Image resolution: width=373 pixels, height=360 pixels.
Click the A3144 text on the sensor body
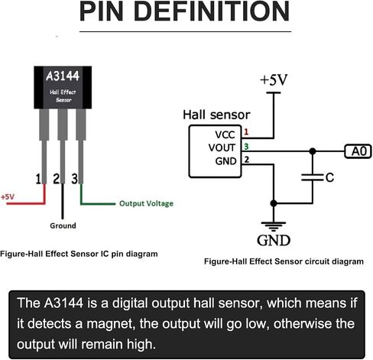[x=63, y=76]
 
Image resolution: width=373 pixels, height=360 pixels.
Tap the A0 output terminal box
[x=358, y=151]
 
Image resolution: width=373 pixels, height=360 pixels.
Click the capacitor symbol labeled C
[x=313, y=177]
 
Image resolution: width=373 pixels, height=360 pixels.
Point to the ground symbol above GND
[x=274, y=226]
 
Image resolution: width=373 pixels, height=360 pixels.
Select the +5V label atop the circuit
[x=274, y=79]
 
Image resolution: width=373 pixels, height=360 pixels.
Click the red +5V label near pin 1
[x=8, y=196]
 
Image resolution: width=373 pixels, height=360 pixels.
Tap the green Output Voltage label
[x=146, y=203]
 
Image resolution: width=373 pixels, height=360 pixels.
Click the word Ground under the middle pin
[x=63, y=225]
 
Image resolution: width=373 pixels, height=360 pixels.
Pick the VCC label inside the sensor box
[x=225, y=135]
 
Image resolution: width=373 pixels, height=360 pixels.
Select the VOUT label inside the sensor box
[x=222, y=148]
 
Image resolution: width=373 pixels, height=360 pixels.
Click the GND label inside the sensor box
[x=225, y=161]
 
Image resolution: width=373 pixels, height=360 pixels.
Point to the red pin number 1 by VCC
[x=246, y=131]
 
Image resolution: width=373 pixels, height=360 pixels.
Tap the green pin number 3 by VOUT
[x=246, y=146]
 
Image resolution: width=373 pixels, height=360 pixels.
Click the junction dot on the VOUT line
[x=313, y=151]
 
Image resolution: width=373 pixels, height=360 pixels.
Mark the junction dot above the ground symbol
[x=274, y=203]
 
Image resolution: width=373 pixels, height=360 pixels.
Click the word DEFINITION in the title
[x=212, y=11]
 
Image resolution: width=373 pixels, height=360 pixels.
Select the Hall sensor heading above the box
[x=216, y=115]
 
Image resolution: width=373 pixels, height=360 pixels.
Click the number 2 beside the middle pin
[x=56, y=179]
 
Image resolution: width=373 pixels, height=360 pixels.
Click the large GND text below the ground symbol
[x=274, y=240]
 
